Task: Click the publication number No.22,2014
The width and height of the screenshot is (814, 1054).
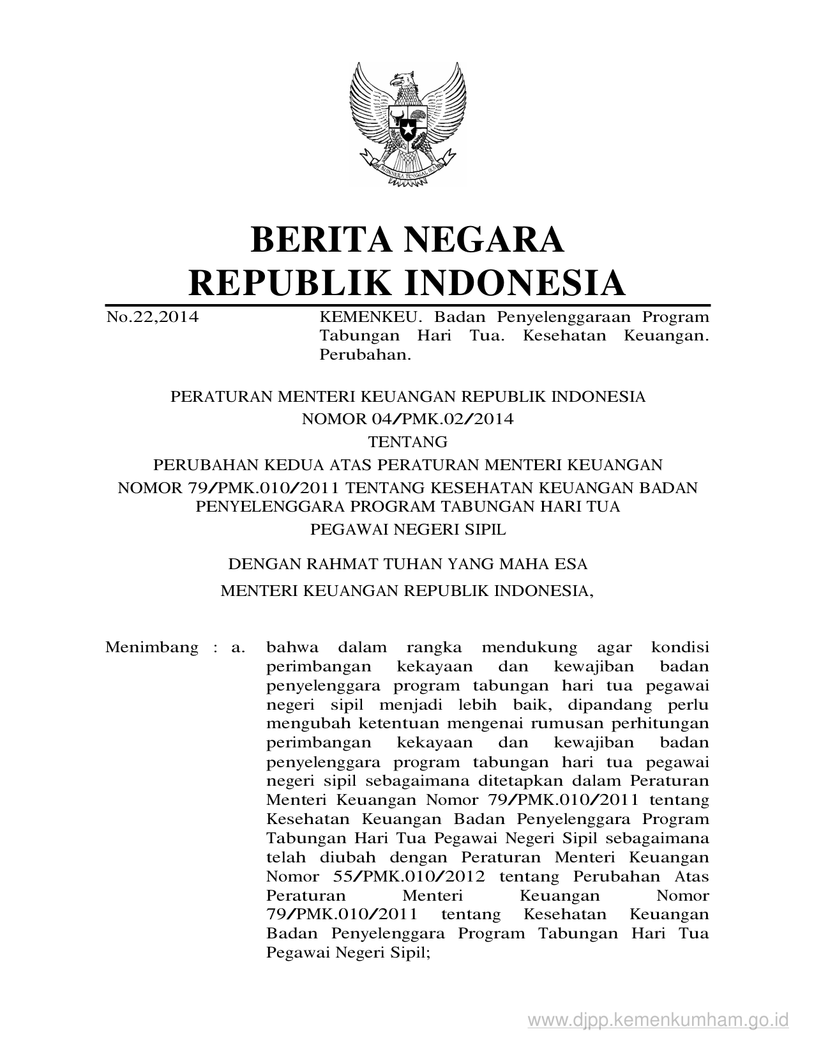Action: click(x=152, y=317)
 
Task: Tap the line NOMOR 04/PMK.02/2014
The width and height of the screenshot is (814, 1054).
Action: click(x=407, y=419)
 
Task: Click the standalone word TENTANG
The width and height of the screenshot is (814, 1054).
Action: click(x=407, y=441)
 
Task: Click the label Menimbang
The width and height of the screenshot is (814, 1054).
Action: click(x=152, y=647)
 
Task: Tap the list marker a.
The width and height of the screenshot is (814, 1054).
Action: click(x=238, y=647)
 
